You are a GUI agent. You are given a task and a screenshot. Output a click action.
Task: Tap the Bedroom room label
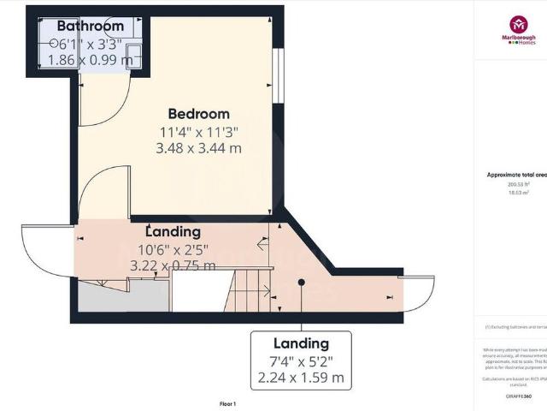click(198, 114)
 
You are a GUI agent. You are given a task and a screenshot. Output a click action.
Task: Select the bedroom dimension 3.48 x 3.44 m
click(198, 148)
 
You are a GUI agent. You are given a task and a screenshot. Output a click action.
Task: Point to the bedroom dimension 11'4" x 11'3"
click(198, 132)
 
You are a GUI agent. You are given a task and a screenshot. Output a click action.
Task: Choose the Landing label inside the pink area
click(173, 232)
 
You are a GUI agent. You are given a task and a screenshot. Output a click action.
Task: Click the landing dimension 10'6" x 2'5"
click(173, 249)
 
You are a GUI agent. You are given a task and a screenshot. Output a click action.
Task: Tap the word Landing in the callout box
click(300, 343)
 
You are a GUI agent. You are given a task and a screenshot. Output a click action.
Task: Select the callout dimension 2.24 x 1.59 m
click(300, 377)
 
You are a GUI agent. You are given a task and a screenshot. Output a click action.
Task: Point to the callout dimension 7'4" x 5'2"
click(300, 360)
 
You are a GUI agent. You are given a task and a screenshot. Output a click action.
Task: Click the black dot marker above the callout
click(301, 282)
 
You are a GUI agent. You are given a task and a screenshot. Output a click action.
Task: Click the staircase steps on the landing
click(248, 291)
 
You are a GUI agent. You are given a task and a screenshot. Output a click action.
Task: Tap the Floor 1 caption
click(227, 403)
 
